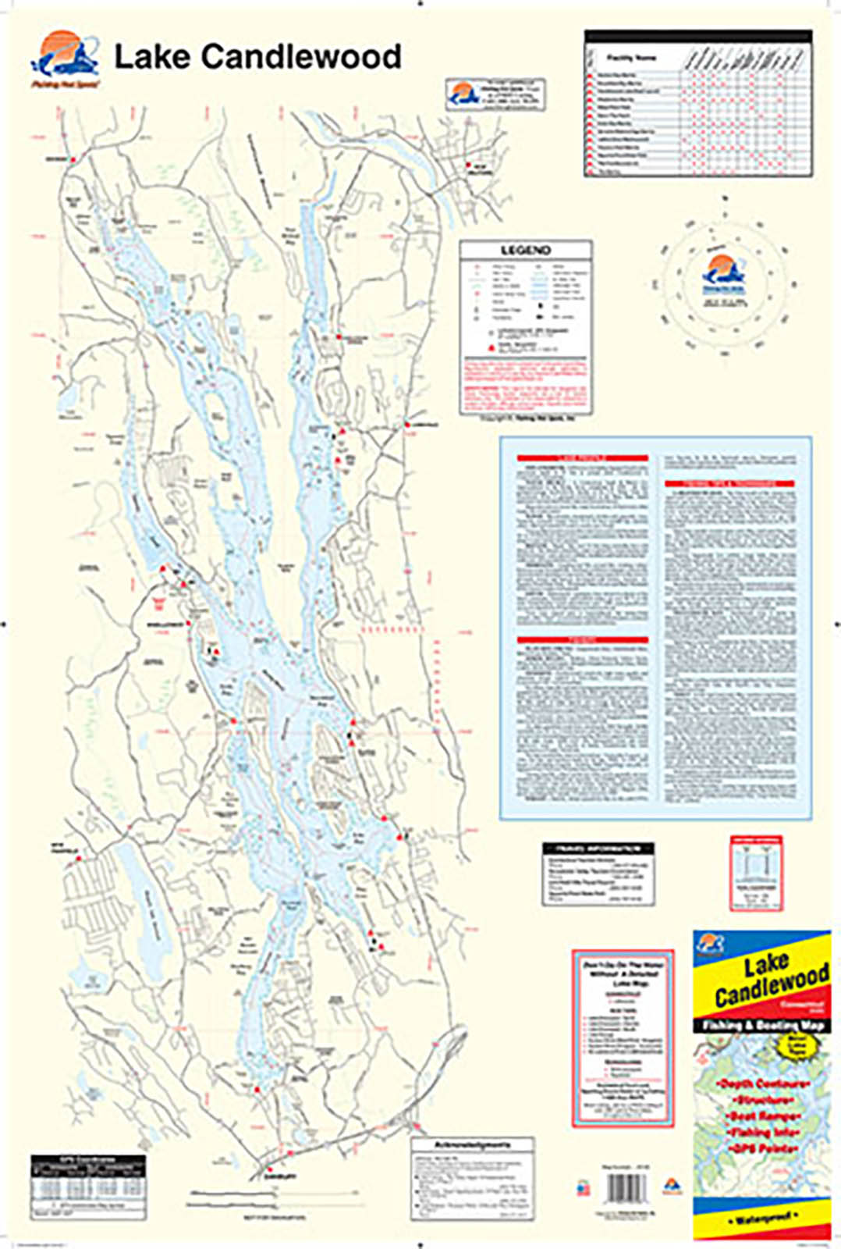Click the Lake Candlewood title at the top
(257, 57)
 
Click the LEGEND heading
(525, 251)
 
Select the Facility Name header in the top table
(631, 58)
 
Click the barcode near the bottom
(626, 1189)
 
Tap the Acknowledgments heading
(473, 1144)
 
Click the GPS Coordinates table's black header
(88, 1161)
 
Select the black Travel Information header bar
(598, 848)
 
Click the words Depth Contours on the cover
(761, 1084)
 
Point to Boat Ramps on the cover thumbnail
(761, 1116)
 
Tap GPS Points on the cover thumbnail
(761, 1149)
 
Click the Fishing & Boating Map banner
(761, 1026)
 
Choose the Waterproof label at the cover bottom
(761, 1219)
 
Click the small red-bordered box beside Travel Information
(756, 873)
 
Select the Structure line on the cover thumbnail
(761, 1100)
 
